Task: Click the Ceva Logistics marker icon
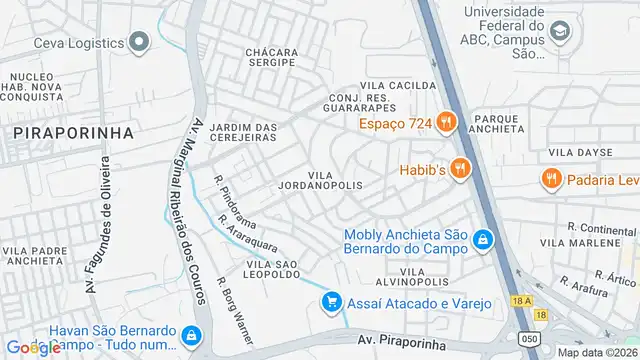click(x=139, y=42)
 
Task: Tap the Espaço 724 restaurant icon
click(x=446, y=124)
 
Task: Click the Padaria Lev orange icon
click(x=550, y=180)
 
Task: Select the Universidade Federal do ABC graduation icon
click(x=561, y=32)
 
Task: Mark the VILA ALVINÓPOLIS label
click(x=424, y=277)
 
